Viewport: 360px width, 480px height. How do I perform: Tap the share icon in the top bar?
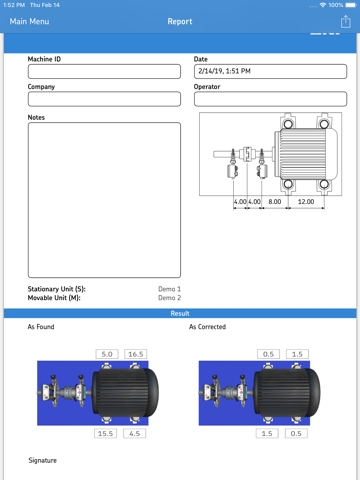click(346, 21)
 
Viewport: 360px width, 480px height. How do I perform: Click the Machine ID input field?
click(104, 72)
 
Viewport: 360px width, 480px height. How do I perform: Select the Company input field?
click(104, 99)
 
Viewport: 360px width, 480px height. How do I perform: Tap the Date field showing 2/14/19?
click(270, 72)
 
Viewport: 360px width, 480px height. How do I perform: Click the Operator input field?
click(270, 99)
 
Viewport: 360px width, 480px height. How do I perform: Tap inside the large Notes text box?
click(104, 200)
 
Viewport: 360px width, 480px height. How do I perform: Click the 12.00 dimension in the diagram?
click(305, 201)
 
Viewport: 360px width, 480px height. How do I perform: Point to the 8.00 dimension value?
click(275, 201)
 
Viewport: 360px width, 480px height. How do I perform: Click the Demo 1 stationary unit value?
click(169, 289)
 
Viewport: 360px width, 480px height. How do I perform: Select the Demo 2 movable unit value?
click(169, 298)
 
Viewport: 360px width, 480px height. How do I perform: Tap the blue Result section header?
click(180, 313)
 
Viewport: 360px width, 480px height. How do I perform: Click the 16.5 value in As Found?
click(135, 354)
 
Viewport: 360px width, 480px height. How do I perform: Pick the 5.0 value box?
click(108, 354)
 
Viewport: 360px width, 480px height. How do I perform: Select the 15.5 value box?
click(106, 433)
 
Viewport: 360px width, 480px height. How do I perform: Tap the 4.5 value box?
click(135, 433)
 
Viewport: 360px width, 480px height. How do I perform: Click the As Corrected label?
click(207, 327)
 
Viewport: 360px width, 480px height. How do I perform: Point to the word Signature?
click(42, 461)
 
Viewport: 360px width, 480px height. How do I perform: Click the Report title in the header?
click(180, 21)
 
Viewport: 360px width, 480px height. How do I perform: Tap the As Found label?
click(41, 327)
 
